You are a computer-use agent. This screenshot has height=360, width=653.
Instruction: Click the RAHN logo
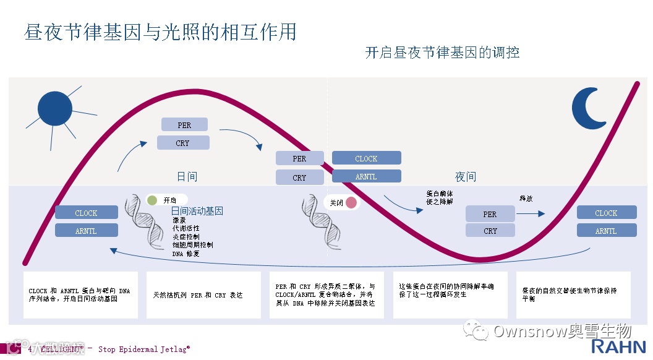tap(618, 346)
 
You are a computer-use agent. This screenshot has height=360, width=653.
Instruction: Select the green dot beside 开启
tap(152, 200)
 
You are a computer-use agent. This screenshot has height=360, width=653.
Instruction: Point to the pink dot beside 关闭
tap(351, 202)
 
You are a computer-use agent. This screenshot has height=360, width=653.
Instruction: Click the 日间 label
tap(187, 177)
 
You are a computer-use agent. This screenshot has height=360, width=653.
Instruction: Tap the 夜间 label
tap(466, 177)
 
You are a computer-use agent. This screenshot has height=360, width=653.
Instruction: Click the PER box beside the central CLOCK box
tap(299, 158)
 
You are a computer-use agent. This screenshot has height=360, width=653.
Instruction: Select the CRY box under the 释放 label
tap(490, 231)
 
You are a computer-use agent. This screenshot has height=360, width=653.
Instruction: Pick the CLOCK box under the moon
tap(606, 213)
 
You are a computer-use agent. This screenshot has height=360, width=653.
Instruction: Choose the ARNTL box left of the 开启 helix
tap(86, 231)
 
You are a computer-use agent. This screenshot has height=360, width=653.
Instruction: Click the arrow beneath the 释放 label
tap(531, 213)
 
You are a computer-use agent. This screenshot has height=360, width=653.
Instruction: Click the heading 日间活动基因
tap(197, 211)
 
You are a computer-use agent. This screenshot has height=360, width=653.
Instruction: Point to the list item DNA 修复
tap(186, 254)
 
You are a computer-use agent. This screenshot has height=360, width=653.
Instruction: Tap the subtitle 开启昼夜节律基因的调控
tap(442, 53)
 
